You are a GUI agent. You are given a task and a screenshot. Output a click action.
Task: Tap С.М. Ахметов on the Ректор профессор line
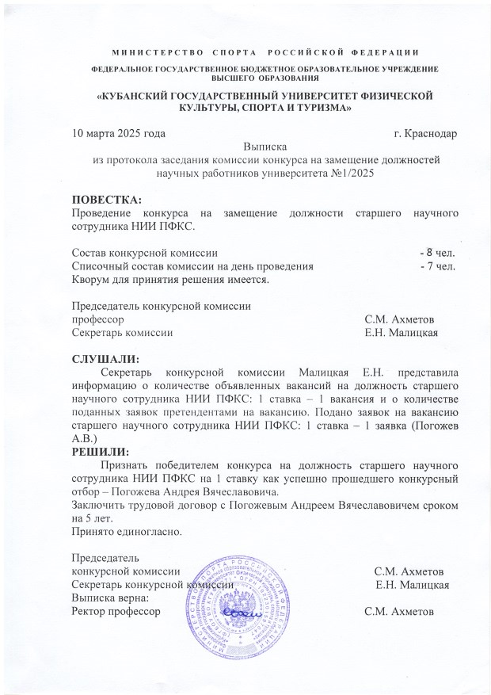click(x=398, y=612)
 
